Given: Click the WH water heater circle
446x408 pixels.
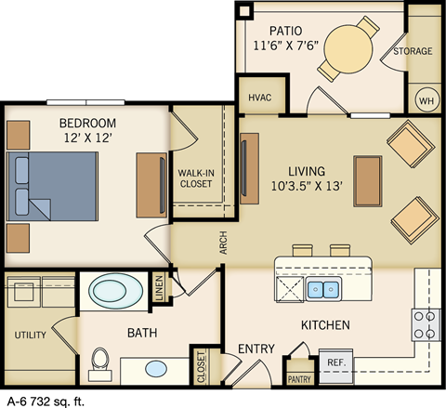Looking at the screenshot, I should coord(426,99).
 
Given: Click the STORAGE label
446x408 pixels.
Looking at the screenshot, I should coord(413,51).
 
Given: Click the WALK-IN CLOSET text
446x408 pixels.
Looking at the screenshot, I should coord(195,178).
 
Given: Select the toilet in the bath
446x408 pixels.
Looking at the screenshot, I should coord(100,363).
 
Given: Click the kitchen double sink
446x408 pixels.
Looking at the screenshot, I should coord(323,290).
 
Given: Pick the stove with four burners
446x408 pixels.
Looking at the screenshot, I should coord(426,324).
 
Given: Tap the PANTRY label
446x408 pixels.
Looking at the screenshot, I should coord(299,378).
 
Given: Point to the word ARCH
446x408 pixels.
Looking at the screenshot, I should coord(223,242).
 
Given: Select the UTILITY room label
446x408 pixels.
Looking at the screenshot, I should coord(30,335).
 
